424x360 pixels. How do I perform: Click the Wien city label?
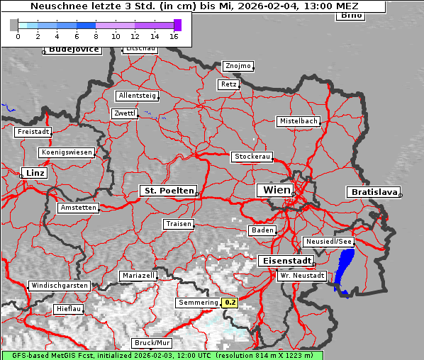click(x=277, y=190)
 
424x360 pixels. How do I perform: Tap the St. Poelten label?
click(x=167, y=191)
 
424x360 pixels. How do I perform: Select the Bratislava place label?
click(x=372, y=192)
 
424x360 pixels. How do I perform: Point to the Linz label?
click(x=33, y=173)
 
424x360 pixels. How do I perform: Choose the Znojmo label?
click(x=238, y=66)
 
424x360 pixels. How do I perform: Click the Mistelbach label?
click(x=298, y=121)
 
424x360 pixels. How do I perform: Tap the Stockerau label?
click(x=252, y=157)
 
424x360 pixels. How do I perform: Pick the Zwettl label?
click(x=124, y=113)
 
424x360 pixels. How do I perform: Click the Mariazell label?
click(x=138, y=275)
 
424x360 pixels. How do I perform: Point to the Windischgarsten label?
click(x=59, y=286)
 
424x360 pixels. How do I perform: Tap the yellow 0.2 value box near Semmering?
click(x=230, y=303)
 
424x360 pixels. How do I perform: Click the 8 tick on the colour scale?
click(x=96, y=35)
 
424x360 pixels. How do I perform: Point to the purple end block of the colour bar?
click(x=177, y=25)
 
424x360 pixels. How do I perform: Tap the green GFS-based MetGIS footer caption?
click(x=162, y=355)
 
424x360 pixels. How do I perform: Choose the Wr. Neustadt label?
click(x=301, y=276)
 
